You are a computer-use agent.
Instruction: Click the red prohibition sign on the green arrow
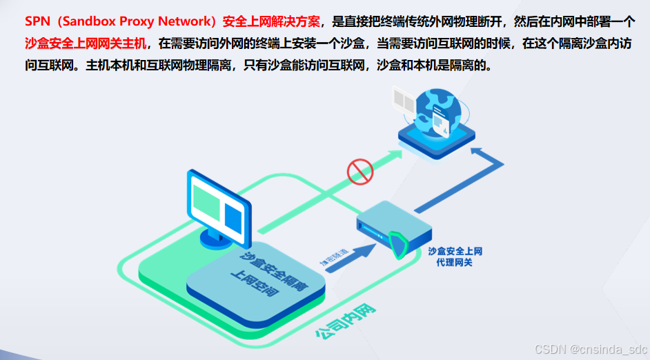(360, 170)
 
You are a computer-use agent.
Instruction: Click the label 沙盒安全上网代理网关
(454, 257)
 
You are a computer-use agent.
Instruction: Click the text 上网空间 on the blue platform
(254, 286)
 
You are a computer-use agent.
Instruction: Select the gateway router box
(386, 228)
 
